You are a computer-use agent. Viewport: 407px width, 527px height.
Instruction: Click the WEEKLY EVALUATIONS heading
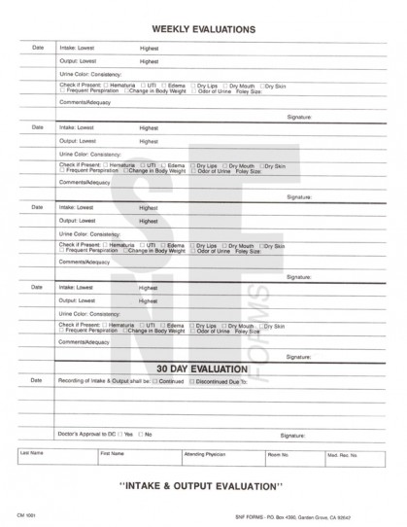click(204, 29)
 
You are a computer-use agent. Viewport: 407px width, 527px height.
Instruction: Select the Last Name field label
click(31, 453)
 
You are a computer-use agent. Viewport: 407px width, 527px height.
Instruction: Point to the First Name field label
click(112, 453)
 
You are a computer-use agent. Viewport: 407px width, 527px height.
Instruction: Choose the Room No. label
click(278, 453)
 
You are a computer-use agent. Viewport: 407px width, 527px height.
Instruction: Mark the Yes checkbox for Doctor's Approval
click(120, 434)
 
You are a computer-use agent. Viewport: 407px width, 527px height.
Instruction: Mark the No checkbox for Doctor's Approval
click(141, 434)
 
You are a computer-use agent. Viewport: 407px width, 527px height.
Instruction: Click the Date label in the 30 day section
click(38, 380)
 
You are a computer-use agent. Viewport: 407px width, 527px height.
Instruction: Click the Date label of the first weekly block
click(38, 48)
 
